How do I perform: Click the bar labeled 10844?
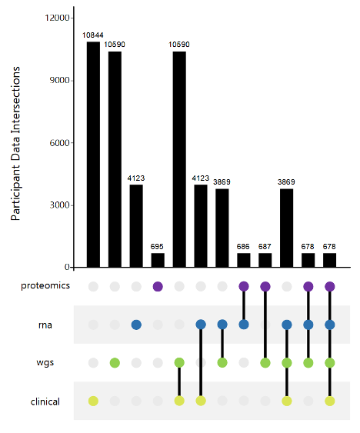(93, 155)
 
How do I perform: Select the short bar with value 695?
(158, 260)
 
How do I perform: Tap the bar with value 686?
(244, 260)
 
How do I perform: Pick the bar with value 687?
(265, 260)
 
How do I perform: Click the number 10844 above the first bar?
(93, 35)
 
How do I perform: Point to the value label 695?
(158, 247)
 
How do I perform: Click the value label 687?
(265, 247)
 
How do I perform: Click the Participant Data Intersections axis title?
(16, 144)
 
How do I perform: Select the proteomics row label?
(45, 286)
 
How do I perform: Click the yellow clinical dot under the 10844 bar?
(93, 401)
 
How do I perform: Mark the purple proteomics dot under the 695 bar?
(158, 286)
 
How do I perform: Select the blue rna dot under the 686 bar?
(244, 325)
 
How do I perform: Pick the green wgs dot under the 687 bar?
(265, 362)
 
